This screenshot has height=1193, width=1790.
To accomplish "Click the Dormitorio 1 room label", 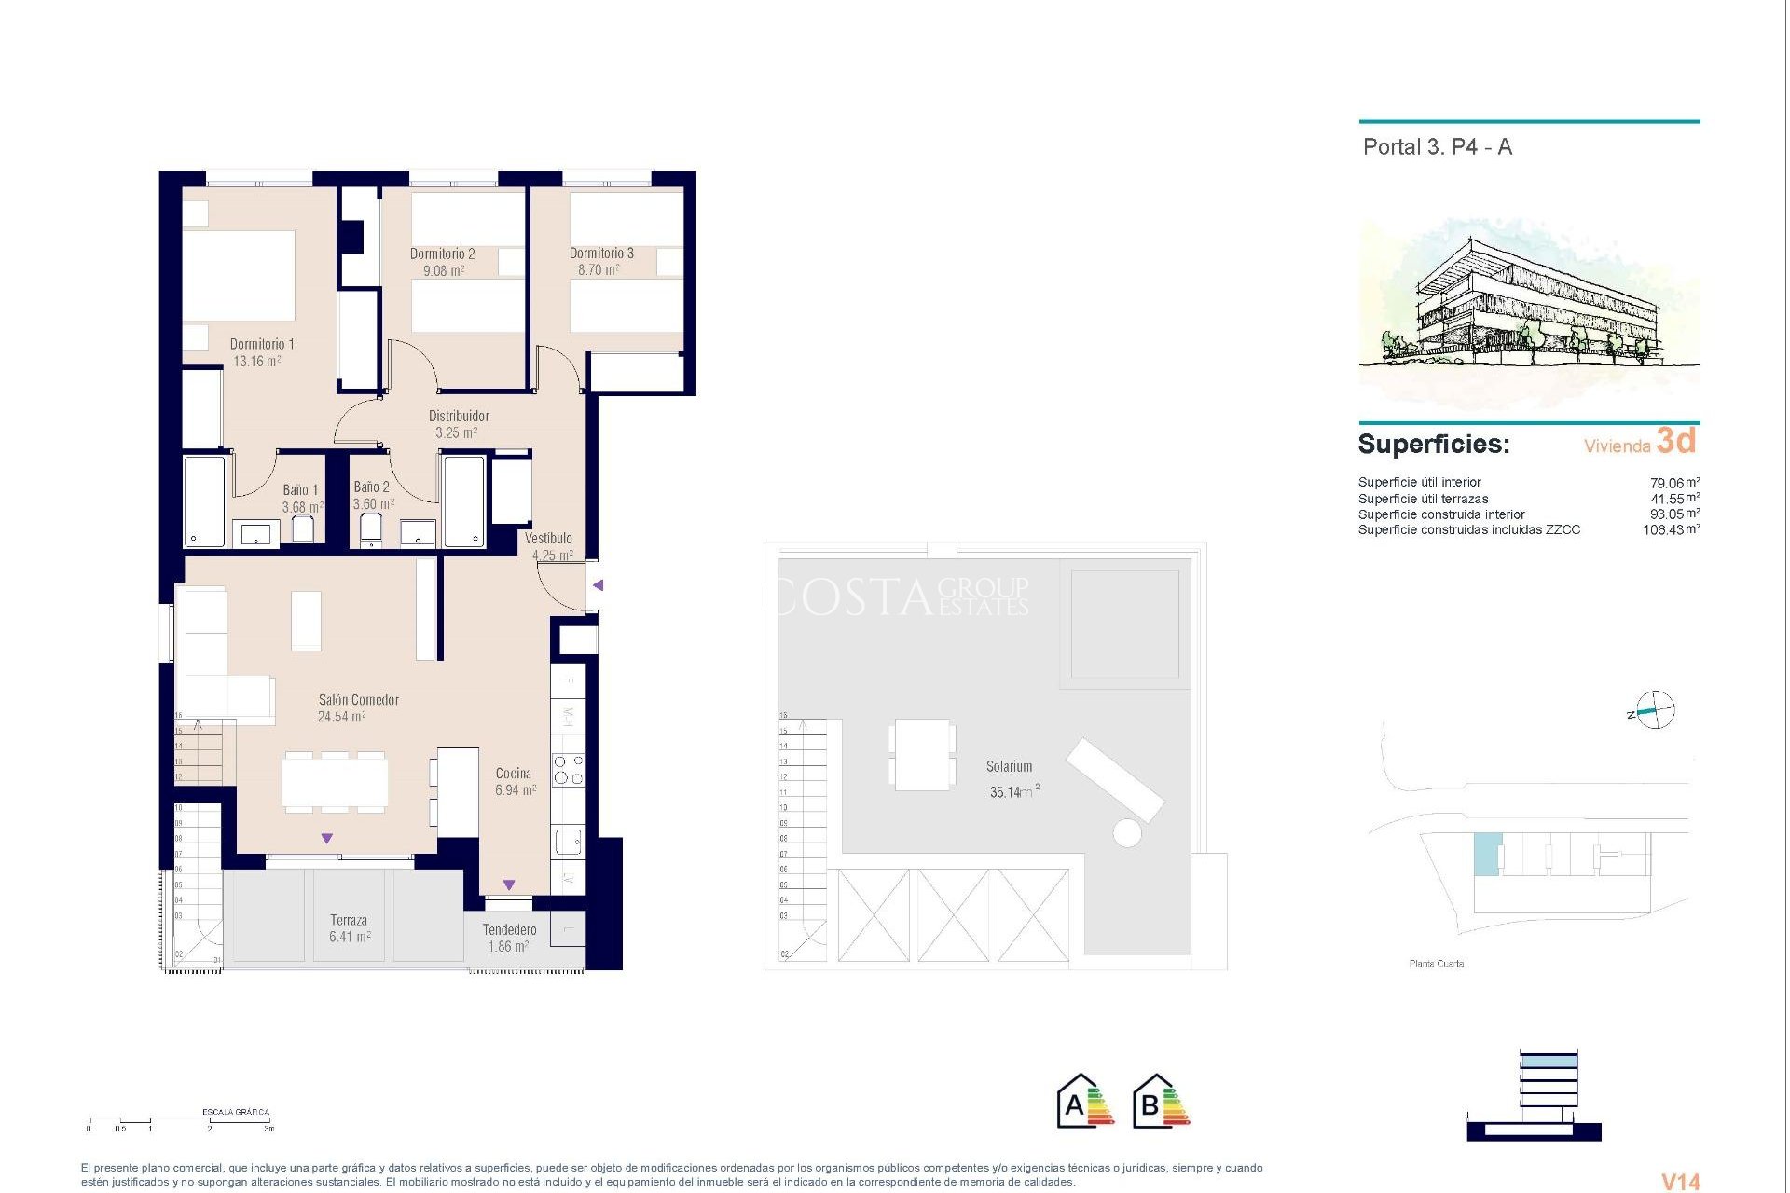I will [x=262, y=344].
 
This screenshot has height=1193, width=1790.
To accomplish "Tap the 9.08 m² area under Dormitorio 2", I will [x=444, y=271].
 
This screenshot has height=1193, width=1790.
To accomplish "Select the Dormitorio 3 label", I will [x=601, y=254].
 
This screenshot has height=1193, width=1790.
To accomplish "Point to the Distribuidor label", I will [x=459, y=416].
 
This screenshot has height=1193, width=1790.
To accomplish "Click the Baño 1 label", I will [x=300, y=490].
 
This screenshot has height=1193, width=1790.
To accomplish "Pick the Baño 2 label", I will [x=371, y=487].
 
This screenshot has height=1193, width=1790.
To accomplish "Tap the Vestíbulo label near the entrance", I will [x=548, y=539].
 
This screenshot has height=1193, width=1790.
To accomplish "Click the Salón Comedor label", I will [x=358, y=700].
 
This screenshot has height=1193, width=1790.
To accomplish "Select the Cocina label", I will [x=513, y=774].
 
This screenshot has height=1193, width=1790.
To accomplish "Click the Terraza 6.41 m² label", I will [x=349, y=928].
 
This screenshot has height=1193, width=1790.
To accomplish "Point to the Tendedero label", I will [x=509, y=930].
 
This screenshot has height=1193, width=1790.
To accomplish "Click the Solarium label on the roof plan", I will [x=1009, y=767].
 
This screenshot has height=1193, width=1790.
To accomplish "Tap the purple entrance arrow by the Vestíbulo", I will [x=599, y=585].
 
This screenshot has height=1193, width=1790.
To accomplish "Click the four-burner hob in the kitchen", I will [x=569, y=770].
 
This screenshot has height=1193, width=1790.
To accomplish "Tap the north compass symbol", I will [x=1655, y=711].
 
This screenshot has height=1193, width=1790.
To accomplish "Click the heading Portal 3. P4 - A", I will [x=1437, y=147].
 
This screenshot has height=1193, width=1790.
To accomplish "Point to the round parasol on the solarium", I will [x=1127, y=832].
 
